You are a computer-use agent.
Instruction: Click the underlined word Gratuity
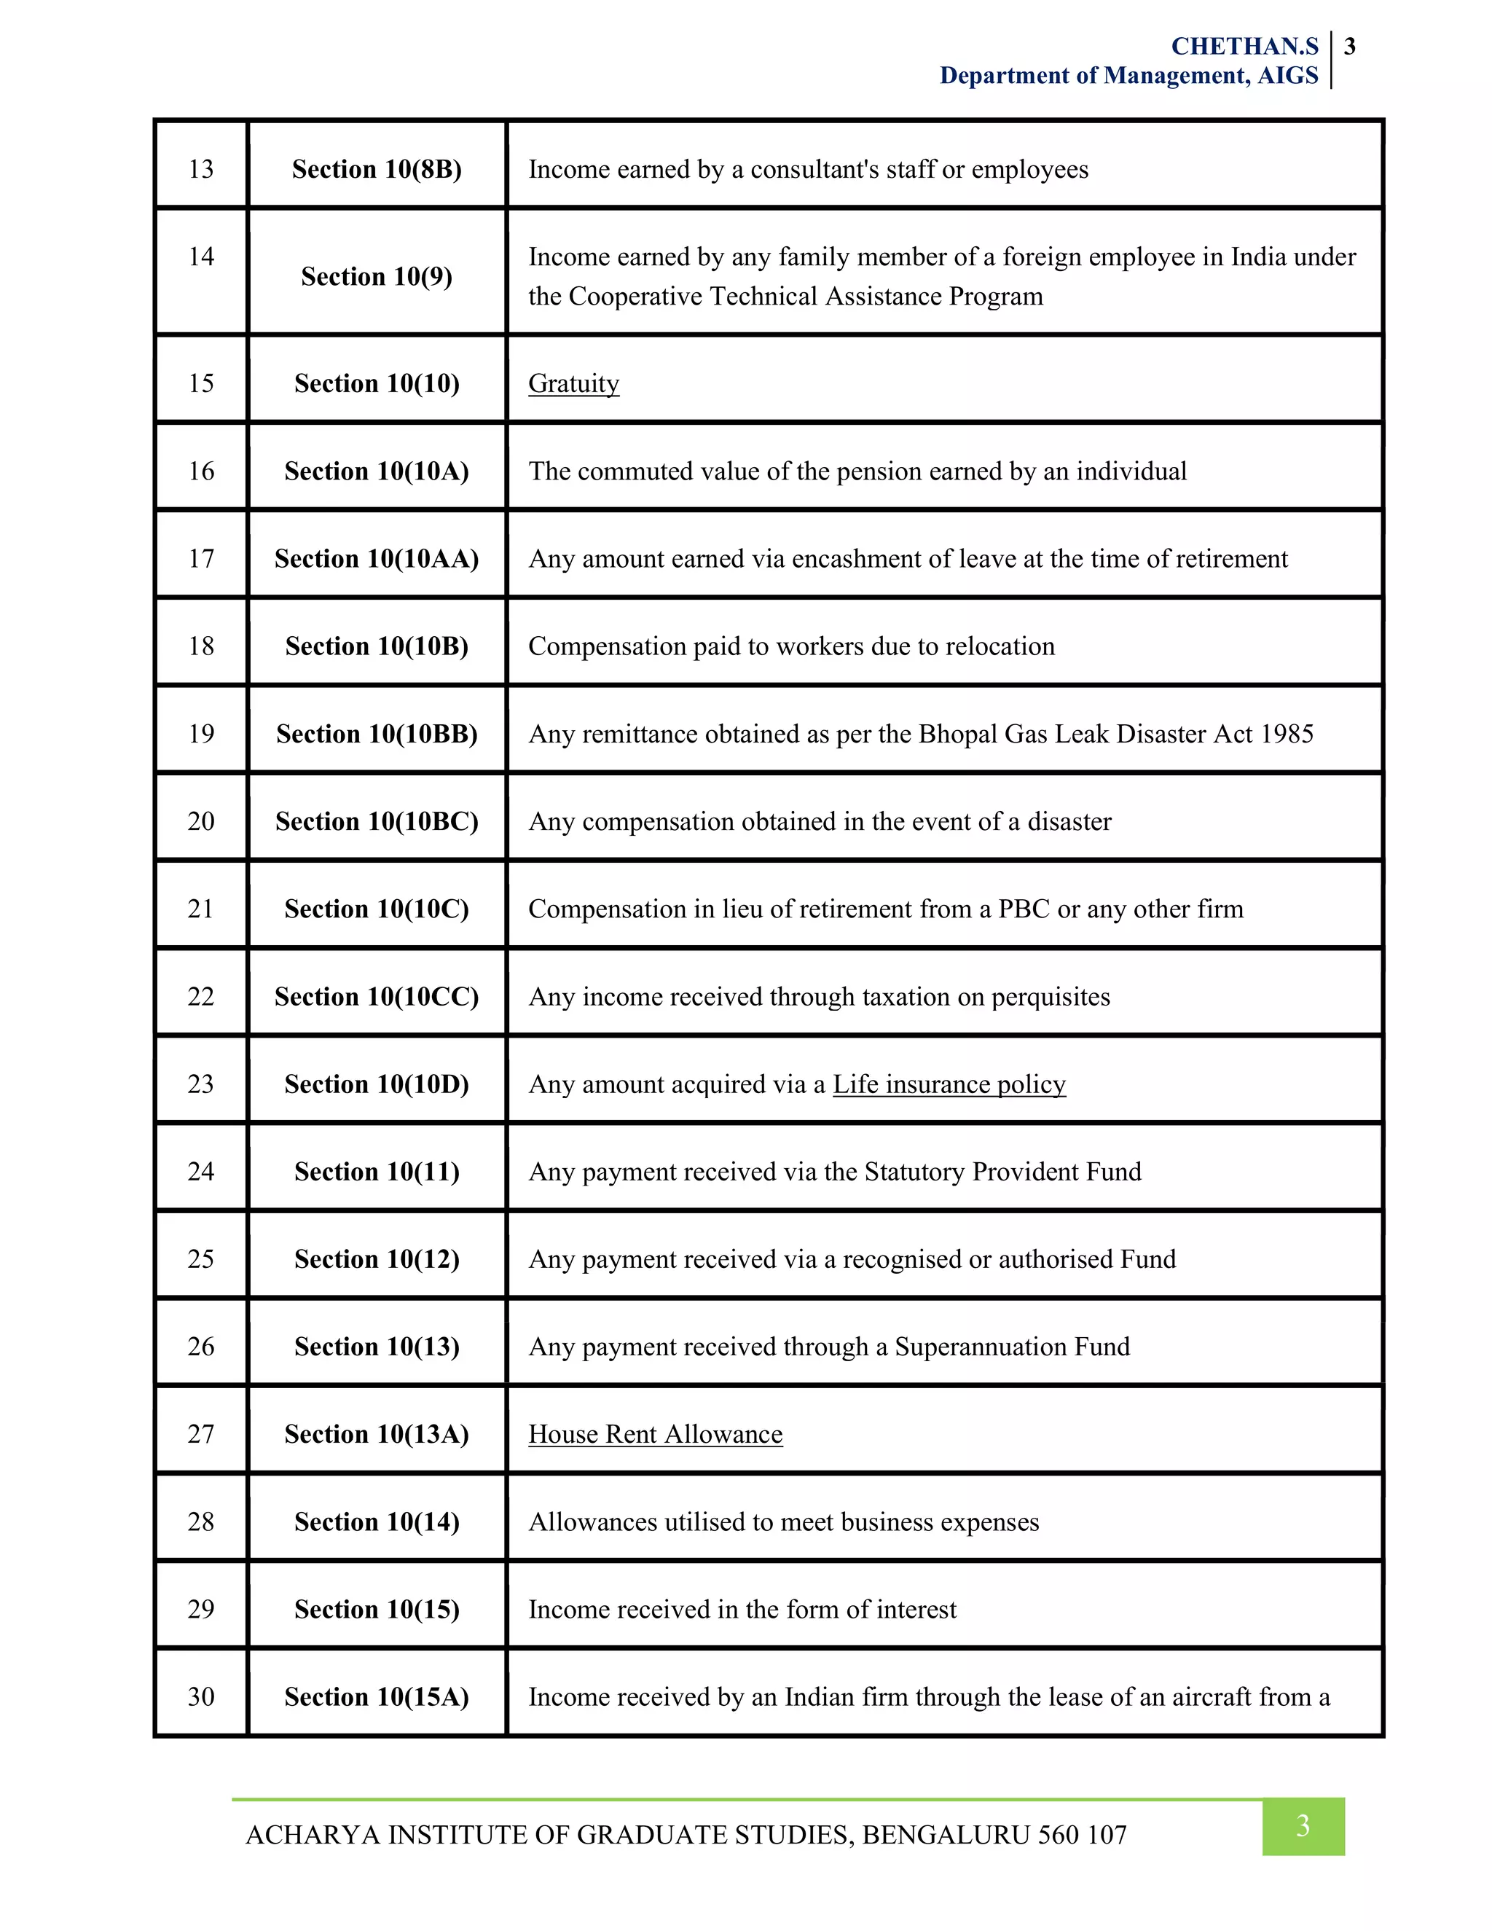point(573,384)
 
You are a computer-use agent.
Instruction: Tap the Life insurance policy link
point(949,1085)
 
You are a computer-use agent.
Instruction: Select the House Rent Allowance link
point(655,1435)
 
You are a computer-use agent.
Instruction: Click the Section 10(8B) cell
point(377,169)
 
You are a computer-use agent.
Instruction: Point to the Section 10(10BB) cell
point(377,734)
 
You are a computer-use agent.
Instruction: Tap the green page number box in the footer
point(1302,1826)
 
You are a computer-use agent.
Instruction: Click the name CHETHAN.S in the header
point(1244,46)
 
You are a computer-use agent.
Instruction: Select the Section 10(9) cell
point(377,277)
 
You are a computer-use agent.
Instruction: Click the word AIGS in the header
point(1288,76)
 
